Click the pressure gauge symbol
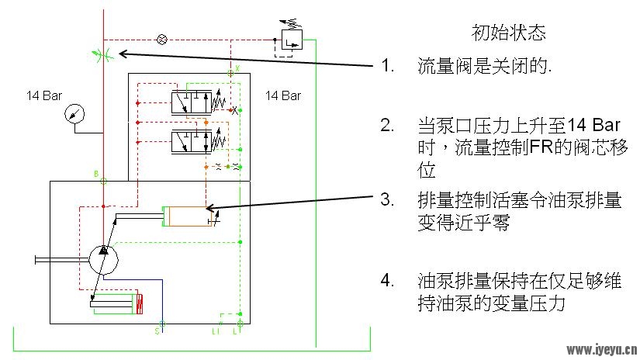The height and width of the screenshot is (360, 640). click(74, 113)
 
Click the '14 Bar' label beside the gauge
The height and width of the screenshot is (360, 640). click(44, 96)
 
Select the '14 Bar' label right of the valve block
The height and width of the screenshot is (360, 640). click(283, 96)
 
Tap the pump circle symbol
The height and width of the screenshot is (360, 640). click(104, 260)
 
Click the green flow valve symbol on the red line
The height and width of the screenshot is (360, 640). click(102, 54)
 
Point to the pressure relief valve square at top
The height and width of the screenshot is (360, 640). click(292, 40)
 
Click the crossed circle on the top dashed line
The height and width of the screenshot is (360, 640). click(162, 40)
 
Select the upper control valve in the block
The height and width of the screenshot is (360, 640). click(192, 102)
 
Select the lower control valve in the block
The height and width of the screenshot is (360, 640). click(192, 141)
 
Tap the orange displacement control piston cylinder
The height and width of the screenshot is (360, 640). click(188, 216)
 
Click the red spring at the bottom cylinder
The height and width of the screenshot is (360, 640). click(140, 304)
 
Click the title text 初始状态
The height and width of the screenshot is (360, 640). click(509, 33)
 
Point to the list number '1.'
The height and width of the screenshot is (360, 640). click(388, 65)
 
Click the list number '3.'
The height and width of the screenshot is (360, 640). click(387, 199)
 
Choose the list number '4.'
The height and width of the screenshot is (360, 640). click(387, 281)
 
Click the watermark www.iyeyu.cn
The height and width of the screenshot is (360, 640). click(602, 350)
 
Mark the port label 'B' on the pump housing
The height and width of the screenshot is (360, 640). click(96, 174)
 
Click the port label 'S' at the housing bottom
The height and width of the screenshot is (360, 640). click(157, 331)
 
